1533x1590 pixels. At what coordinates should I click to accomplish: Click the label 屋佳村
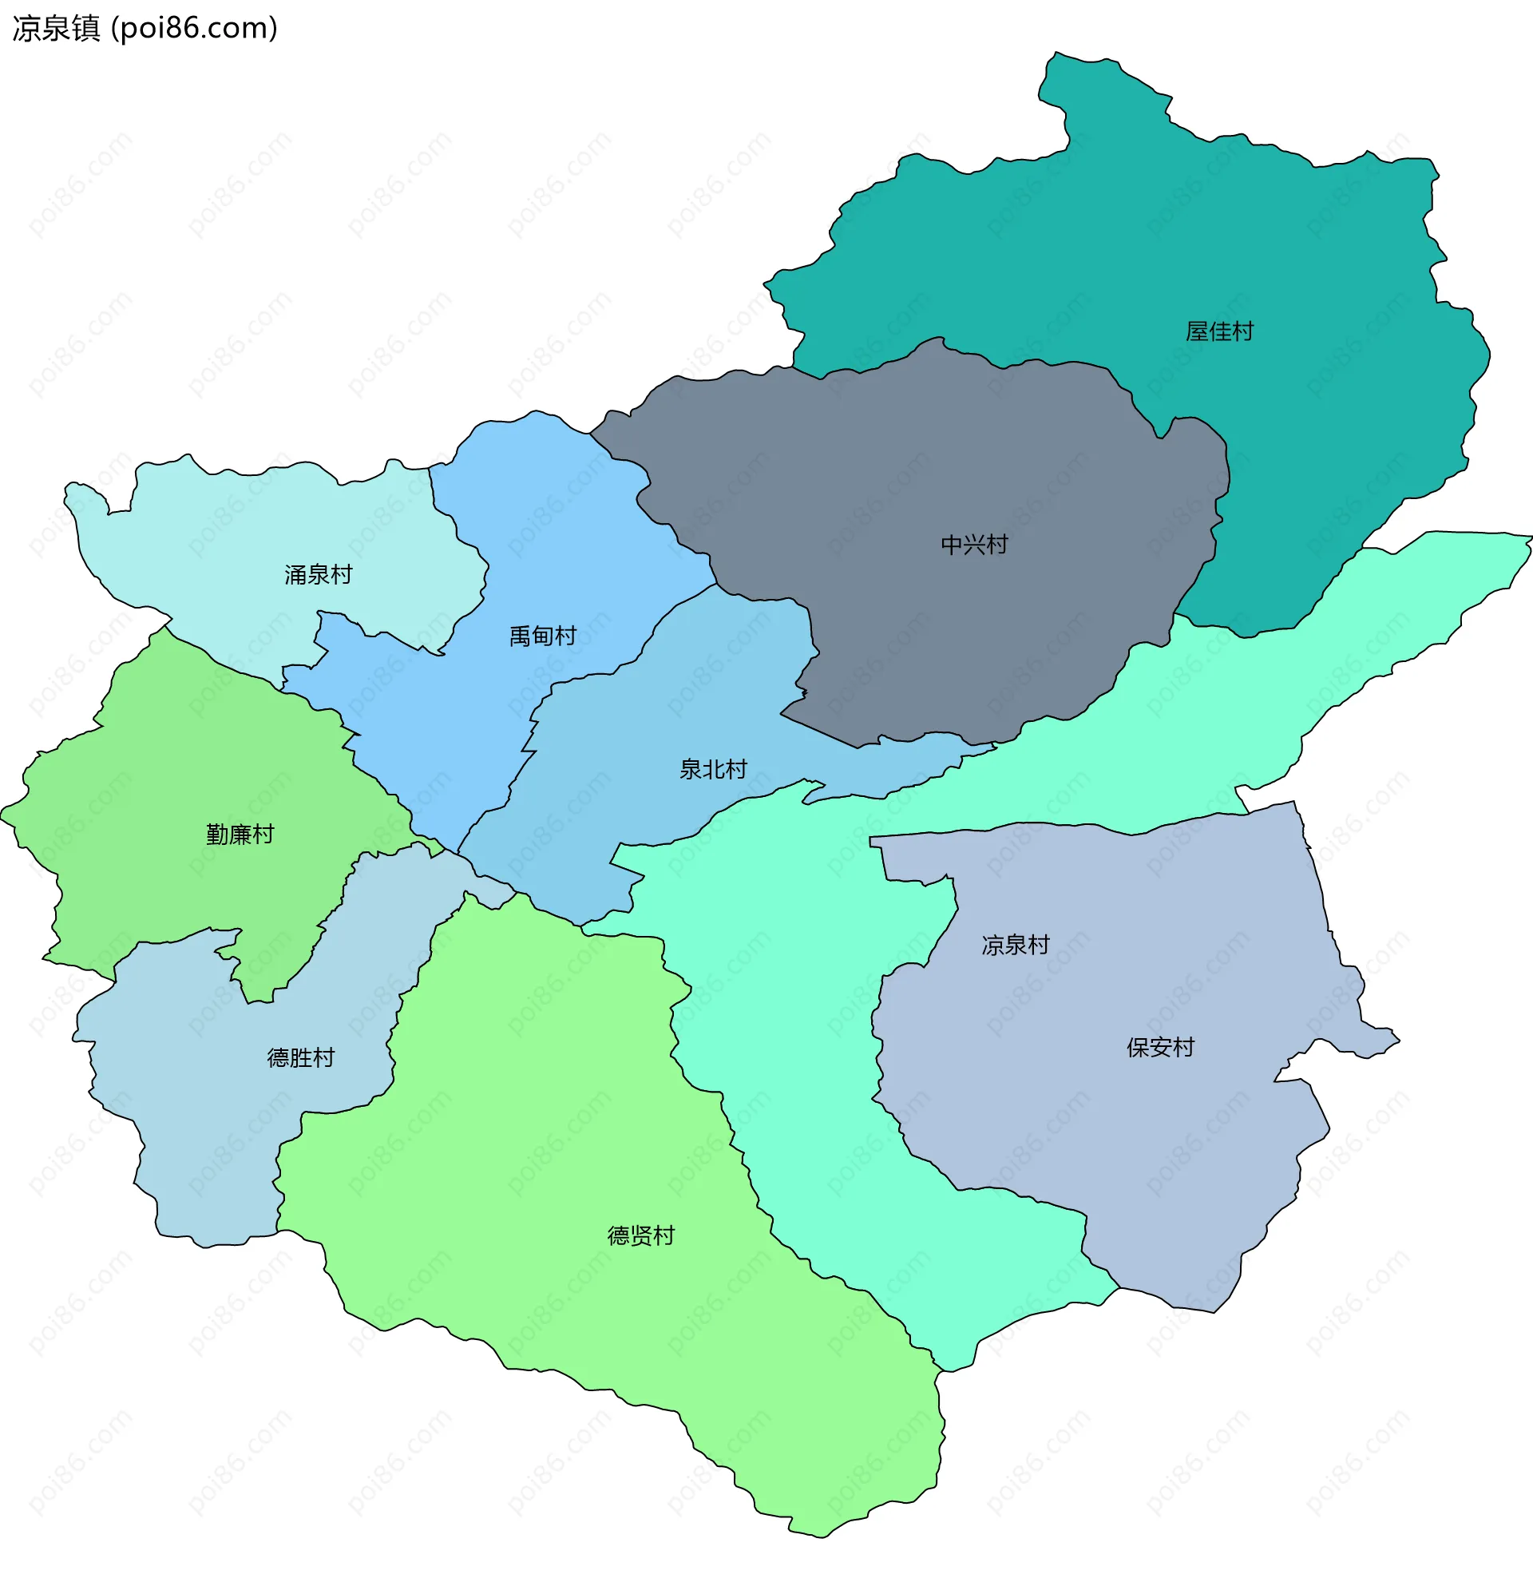(1218, 331)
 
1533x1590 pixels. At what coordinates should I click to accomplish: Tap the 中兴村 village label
(974, 545)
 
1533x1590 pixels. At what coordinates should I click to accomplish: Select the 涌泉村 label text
(318, 575)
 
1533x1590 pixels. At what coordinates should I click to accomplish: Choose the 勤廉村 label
(240, 835)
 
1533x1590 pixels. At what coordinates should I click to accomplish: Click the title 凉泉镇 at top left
(56, 29)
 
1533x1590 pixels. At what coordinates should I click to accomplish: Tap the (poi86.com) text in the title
(195, 29)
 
